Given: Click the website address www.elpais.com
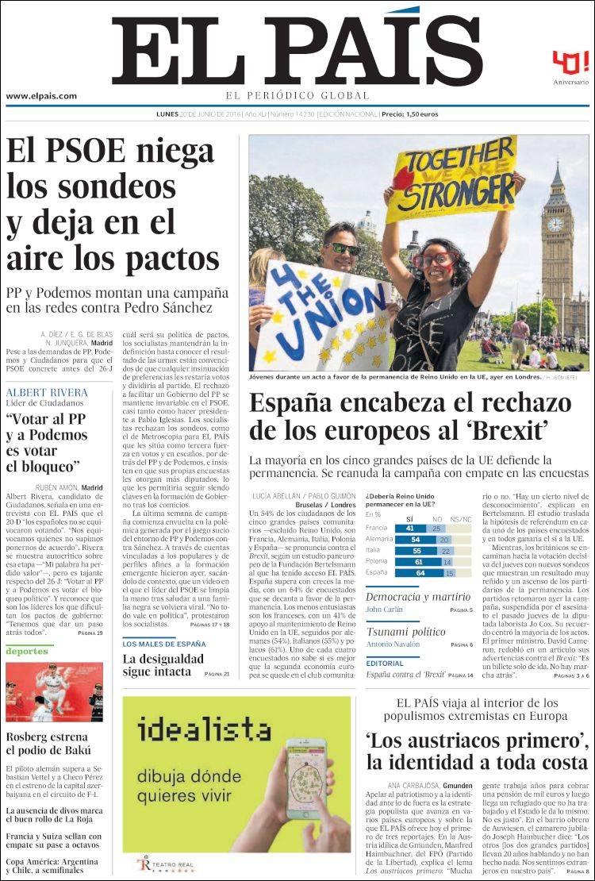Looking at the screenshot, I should (41, 97).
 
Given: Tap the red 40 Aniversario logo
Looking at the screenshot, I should (570, 63).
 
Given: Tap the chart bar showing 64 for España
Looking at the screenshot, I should (419, 572).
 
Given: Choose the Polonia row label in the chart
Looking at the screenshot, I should (378, 561).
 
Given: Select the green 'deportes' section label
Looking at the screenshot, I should (27, 652).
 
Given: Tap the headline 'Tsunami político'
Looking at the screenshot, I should (405, 632).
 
